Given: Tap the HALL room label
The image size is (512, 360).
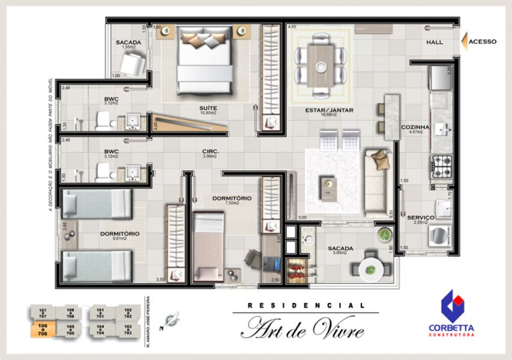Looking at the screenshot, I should pos(435,43).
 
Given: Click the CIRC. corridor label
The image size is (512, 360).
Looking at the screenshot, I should pos(211,151).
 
